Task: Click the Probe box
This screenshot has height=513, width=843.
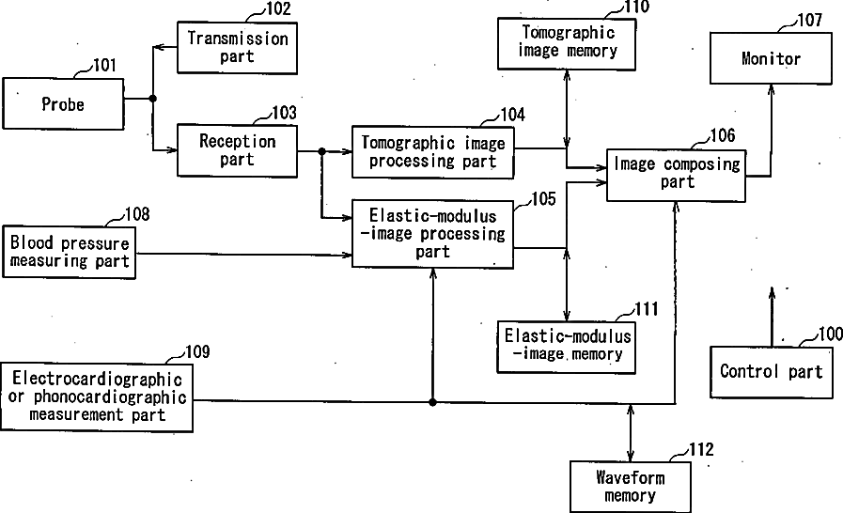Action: (63, 104)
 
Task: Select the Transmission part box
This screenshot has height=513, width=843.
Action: (237, 48)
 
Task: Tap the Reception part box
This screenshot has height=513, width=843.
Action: (237, 150)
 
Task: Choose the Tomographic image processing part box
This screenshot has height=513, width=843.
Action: (433, 151)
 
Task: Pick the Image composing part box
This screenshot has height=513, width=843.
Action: (677, 174)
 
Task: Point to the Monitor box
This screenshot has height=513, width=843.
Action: (771, 59)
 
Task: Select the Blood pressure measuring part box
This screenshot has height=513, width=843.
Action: (70, 252)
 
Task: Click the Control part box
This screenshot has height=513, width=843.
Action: (771, 371)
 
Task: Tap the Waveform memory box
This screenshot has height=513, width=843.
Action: (630, 487)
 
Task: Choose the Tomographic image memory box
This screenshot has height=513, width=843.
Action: (567, 42)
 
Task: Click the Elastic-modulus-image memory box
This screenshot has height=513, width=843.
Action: (567, 346)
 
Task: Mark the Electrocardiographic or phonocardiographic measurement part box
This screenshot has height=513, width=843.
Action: (97, 396)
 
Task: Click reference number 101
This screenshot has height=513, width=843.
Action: (104, 66)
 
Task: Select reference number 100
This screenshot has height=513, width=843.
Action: (830, 334)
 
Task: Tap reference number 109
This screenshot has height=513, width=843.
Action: (196, 352)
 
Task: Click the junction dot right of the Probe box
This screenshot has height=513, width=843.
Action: (152, 98)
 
